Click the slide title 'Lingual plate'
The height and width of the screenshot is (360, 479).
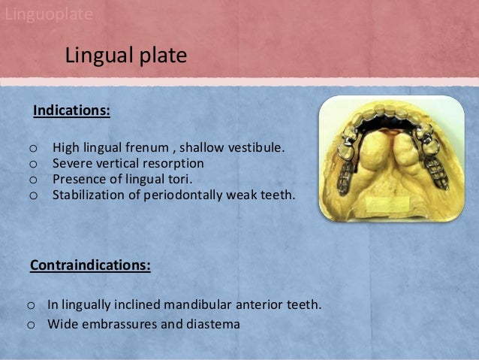click(x=125, y=56)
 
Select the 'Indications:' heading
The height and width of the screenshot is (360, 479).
click(x=72, y=111)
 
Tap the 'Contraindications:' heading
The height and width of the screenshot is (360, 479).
click(x=90, y=265)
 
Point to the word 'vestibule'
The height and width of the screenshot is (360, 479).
click(x=257, y=147)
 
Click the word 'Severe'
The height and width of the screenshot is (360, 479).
click(x=71, y=162)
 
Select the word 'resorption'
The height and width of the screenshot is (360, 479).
click(x=173, y=162)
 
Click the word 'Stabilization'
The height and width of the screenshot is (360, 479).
click(x=86, y=195)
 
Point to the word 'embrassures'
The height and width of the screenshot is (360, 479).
click(x=115, y=325)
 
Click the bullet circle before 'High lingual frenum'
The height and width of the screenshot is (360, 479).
click(x=32, y=147)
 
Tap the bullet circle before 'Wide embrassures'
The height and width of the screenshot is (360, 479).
click(x=31, y=325)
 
